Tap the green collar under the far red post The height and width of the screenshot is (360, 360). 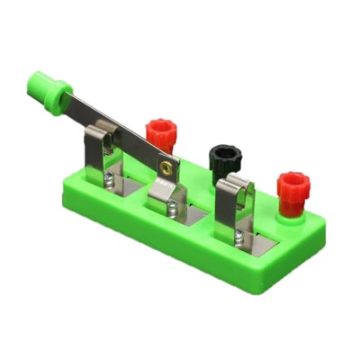[291, 212]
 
